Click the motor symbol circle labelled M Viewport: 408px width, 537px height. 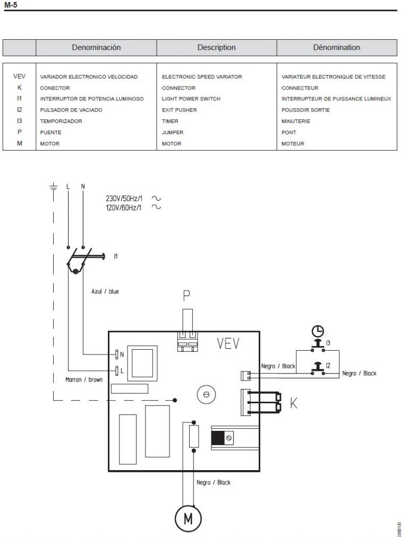tap(188, 518)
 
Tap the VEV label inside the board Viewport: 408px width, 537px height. tap(228, 344)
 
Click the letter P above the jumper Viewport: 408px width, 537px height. tap(187, 296)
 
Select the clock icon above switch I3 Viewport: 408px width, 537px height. tap(317, 331)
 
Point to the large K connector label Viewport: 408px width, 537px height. tap(294, 405)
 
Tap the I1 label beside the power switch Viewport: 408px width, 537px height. tap(116, 256)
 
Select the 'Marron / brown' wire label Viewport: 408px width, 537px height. tap(83, 380)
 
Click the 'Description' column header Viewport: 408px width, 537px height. tap(216, 47)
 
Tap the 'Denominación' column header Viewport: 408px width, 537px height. tap(96, 47)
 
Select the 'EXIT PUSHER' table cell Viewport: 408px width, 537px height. tap(179, 110)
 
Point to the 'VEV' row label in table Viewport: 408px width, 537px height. tap(19, 77)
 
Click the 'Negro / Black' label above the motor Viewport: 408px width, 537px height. tap(214, 482)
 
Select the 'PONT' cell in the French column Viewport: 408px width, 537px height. tap(289, 133)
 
